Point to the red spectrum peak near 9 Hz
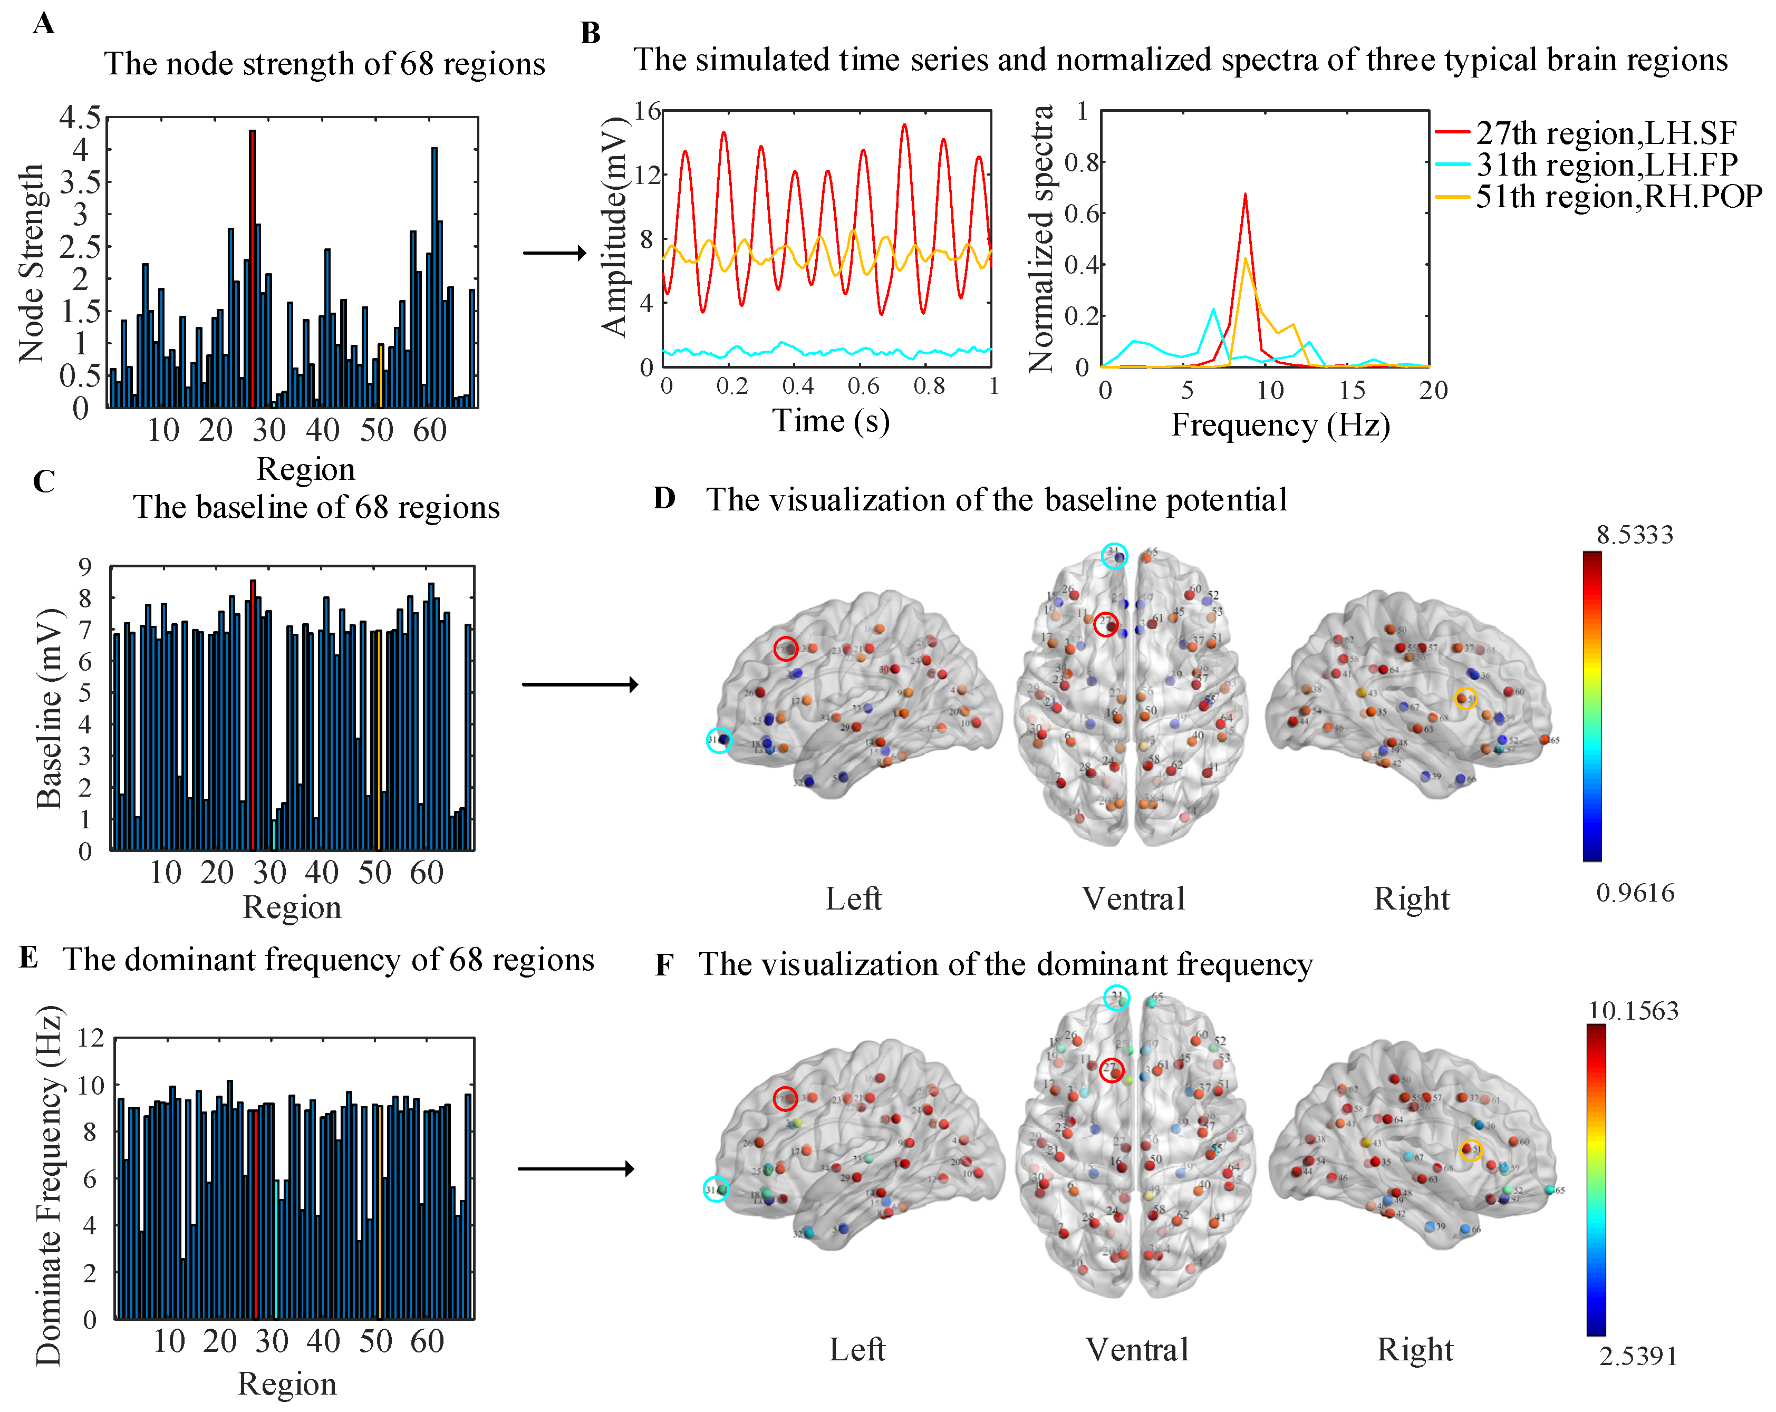point(1244,196)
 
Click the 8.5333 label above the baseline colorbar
point(1634,536)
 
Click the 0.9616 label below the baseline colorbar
point(1634,893)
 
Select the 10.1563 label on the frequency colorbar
point(1633,1011)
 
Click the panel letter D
point(664,498)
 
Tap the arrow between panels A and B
point(554,253)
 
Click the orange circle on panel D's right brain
point(1465,699)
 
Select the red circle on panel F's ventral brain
point(1111,1071)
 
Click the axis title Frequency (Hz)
point(1280,425)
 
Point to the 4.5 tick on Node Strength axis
point(80,117)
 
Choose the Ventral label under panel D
point(1134,899)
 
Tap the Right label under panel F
point(1414,1349)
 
